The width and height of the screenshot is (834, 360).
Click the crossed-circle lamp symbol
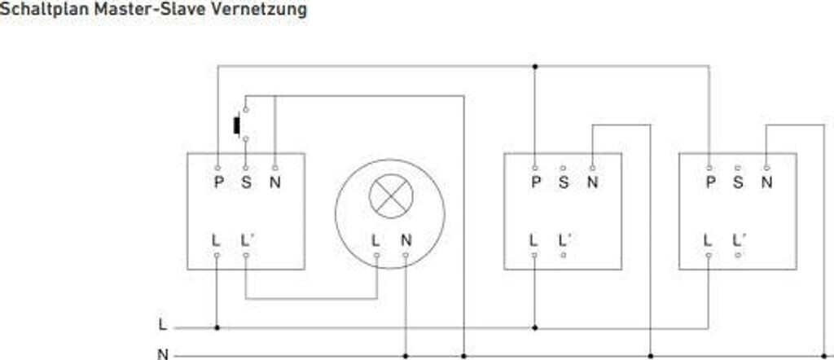coord(390,195)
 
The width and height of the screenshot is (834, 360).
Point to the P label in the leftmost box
coord(218,182)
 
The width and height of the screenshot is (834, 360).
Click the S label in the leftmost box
coord(246,182)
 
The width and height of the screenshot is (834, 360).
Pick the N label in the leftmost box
coord(274,182)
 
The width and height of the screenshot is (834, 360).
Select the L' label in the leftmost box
coord(248,241)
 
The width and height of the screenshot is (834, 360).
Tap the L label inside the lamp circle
coord(375,241)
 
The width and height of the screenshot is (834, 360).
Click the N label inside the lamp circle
coord(406,241)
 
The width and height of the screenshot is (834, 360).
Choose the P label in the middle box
coord(535,182)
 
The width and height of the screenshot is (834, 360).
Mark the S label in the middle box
coord(564,182)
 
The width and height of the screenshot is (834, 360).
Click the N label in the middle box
coord(592,182)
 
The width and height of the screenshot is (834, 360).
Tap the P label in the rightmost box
coord(709,182)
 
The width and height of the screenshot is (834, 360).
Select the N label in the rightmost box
coord(766,182)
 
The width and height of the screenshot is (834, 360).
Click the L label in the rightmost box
coord(709,241)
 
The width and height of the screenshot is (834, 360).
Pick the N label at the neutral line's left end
coord(163,354)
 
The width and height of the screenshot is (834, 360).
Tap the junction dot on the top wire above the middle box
coord(534,67)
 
